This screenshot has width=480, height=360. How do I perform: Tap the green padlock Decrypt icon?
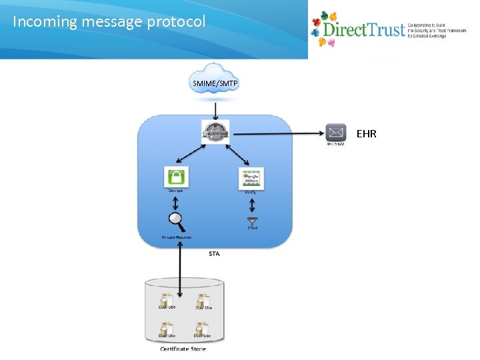[x=176, y=177]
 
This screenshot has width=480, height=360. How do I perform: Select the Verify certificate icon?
[x=251, y=178]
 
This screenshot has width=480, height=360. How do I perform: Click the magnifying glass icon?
[x=176, y=219]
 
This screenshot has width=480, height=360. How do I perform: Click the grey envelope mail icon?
[x=336, y=132]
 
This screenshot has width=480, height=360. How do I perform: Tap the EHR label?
[x=367, y=134]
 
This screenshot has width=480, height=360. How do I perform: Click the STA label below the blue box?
[x=214, y=253]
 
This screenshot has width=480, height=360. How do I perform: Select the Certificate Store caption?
[x=183, y=349]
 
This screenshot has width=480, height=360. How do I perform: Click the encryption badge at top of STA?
[x=215, y=131]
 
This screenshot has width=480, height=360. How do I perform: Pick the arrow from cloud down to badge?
[x=215, y=109]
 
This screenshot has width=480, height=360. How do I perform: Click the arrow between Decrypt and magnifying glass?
[x=176, y=201]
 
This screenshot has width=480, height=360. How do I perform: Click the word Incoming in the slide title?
[x=45, y=21]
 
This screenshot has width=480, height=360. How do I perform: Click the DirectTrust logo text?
[x=363, y=30]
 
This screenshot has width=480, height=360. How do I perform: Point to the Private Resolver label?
[x=177, y=237]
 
